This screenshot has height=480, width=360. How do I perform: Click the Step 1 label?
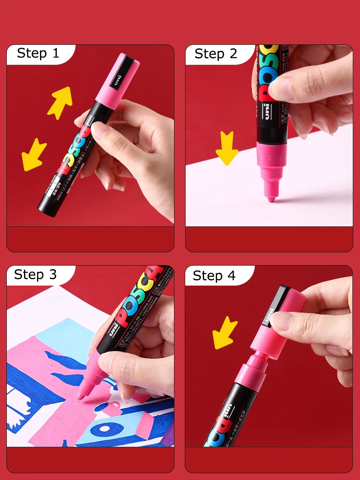tap(38, 53)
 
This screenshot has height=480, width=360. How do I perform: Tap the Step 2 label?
tap(216, 54)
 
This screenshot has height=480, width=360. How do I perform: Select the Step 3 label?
tap(35, 275)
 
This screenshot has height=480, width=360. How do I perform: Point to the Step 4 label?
tap(214, 276)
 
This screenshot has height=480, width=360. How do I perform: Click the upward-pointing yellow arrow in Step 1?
tap(60, 102)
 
